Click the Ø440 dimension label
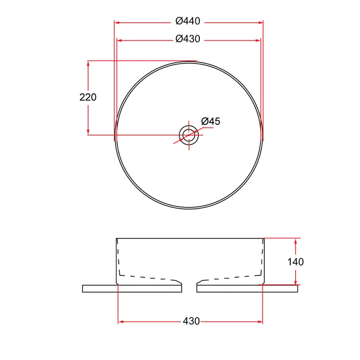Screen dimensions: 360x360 188,21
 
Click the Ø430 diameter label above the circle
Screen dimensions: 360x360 188,39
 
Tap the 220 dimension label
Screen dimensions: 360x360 88,97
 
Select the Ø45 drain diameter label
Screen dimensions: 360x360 211,121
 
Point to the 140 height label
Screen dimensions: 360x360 296,262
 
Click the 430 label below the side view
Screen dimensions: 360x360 191,321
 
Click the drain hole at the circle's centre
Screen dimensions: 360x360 189,135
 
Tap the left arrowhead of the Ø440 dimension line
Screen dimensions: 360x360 117,22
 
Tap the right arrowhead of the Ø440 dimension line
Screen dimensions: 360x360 261,22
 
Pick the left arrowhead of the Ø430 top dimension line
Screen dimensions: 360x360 120,40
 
